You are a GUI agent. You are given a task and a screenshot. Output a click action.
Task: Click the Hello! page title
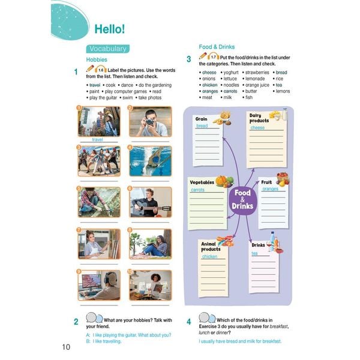coord(109,28)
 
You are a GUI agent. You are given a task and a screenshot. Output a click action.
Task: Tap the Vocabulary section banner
coord(106,49)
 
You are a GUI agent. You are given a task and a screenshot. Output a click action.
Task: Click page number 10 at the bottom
coord(66,347)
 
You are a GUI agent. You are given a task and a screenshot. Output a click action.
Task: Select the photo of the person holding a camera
coord(150,122)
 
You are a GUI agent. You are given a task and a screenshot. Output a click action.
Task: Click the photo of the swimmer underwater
coord(150,161)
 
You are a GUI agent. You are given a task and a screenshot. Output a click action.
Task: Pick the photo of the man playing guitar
coord(150,202)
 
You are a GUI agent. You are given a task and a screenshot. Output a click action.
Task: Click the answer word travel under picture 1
coord(98,139)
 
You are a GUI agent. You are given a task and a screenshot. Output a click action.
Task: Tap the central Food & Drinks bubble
coord(243,199)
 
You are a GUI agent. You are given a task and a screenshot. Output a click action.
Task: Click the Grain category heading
coord(201,119)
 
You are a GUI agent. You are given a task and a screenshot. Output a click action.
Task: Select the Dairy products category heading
coord(259,118)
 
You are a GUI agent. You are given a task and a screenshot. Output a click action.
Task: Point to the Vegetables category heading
coord(202,182)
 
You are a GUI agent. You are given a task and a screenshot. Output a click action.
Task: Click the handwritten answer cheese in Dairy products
coord(257,128)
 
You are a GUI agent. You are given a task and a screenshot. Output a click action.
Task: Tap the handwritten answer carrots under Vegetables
coord(197,190)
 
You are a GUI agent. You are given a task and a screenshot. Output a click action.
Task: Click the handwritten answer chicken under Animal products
coord(210,256)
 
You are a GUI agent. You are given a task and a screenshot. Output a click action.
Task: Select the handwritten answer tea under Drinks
coord(254,253)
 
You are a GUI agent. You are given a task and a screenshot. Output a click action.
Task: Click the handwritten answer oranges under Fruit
coord(270,189)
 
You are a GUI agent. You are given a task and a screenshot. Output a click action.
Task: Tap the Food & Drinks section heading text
coord(217,46)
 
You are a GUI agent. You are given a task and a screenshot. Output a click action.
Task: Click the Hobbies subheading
coord(97,60)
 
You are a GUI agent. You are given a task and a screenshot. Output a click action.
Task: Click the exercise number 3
coord(188,59)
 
